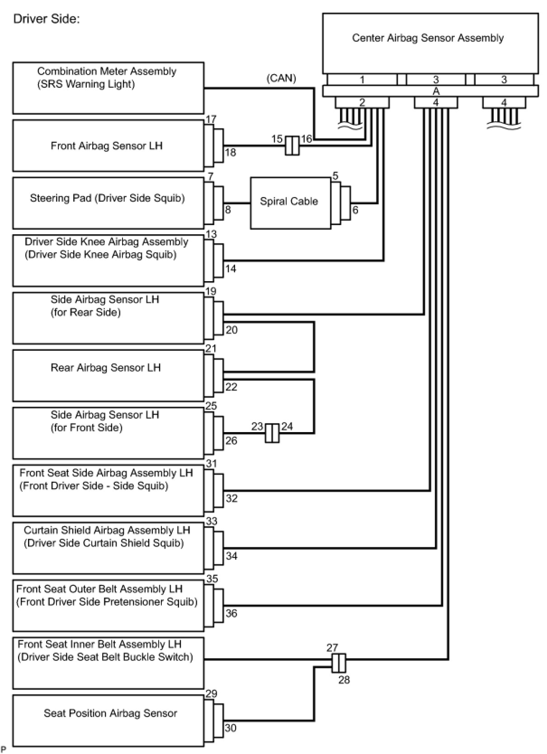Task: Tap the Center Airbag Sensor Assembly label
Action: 428,38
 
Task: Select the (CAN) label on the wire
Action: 281,78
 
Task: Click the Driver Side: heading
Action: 47,19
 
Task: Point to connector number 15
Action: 277,139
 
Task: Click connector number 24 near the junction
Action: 287,426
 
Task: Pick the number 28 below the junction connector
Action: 344,679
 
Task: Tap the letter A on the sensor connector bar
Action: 436,91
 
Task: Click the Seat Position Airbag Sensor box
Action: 108,720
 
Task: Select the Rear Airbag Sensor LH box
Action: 108,375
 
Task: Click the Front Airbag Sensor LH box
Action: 108,146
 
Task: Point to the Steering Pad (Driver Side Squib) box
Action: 108,203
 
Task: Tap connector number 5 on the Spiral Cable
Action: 335,175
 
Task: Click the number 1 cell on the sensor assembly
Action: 362,80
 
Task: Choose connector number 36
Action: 231,613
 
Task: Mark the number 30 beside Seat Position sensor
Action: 231,728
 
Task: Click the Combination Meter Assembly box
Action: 108,88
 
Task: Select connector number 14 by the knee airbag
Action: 231,269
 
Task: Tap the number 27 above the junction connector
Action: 332,647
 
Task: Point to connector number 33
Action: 212,521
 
